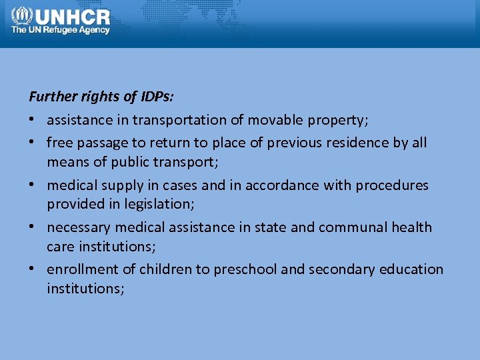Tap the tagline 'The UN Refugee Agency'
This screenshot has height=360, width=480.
(x=60, y=30)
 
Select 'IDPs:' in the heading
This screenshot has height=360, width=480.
(x=157, y=97)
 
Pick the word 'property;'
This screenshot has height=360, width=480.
(x=338, y=121)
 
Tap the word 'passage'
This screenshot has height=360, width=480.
(x=103, y=143)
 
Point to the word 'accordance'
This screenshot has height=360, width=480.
(x=282, y=185)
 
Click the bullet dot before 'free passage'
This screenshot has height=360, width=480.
(x=32, y=143)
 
